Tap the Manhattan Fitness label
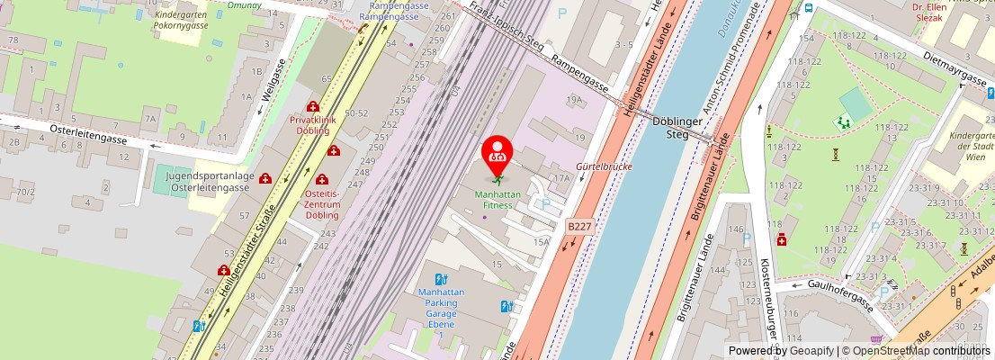[x=491, y=199]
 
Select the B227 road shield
[x=579, y=229]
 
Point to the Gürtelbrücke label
[x=604, y=167]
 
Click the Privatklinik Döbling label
[x=312, y=124]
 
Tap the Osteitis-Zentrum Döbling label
[x=321, y=204]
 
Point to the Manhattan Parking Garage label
[x=441, y=308]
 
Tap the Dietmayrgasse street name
[x=955, y=67]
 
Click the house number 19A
[x=574, y=100]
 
